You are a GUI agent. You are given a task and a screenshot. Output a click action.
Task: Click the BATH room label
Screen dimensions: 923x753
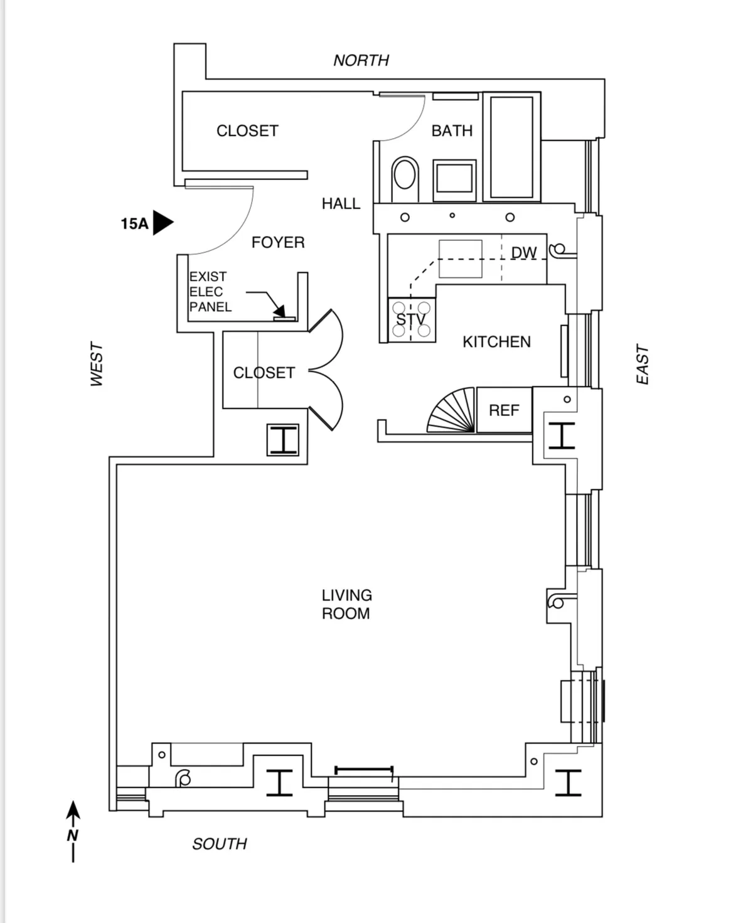coord(452,131)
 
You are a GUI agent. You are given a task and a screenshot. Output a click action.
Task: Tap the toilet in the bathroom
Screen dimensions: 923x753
coord(405,175)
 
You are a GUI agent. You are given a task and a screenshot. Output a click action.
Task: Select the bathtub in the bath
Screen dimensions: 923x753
coord(511,147)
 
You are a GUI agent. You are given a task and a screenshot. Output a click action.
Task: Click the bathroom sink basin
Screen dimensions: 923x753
coord(454,178)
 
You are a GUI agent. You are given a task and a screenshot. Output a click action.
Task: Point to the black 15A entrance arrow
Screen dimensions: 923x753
coord(163,223)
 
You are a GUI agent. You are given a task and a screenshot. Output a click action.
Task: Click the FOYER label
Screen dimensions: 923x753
coord(278,243)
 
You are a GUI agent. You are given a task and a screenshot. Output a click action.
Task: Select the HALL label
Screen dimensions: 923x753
coord(341,204)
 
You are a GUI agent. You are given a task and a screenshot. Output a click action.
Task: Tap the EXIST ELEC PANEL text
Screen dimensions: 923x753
coord(210,292)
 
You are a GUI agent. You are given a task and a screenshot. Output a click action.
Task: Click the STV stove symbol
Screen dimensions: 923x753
coord(412,320)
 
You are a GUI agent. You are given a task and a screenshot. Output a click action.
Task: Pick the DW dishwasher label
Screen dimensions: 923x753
coord(524,253)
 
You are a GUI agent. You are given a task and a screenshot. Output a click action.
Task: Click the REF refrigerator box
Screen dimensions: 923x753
coord(504,410)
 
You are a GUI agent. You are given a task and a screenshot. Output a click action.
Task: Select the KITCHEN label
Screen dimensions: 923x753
coord(496,342)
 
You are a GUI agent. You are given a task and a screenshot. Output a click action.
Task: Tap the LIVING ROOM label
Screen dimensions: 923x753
coord(346,604)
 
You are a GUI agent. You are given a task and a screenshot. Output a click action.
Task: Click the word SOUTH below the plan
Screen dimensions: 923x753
coord(220,844)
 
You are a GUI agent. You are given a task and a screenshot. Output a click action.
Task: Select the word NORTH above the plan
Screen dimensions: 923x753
coord(361,61)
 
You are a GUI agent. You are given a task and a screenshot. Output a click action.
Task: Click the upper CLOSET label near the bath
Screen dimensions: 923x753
coord(247,131)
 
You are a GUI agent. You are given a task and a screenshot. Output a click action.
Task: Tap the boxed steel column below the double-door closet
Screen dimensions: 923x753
coord(282,439)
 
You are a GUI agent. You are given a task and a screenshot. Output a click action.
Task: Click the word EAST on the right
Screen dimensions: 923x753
coord(642,364)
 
